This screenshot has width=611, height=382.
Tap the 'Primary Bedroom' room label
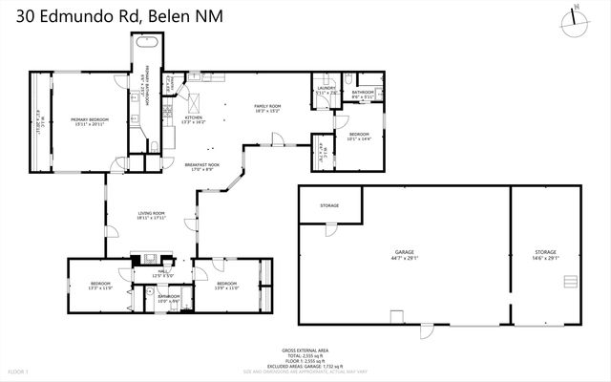(x=90, y=119)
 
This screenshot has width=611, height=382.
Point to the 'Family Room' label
(x=266, y=106)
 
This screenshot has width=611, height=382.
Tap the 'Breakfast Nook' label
(x=201, y=164)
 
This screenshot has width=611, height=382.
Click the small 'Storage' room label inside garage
(x=329, y=205)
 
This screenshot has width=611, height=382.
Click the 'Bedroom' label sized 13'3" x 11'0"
(x=100, y=284)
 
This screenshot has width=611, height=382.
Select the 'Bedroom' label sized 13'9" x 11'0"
(x=226, y=284)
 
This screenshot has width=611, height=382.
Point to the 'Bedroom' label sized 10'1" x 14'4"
(x=358, y=134)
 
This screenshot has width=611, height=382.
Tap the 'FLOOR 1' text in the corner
(x=19, y=371)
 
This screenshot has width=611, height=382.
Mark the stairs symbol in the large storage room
(x=570, y=283)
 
